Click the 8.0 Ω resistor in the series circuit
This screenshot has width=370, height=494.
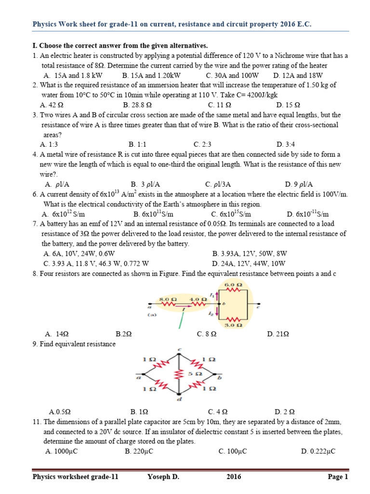pyautogui.click(x=167, y=304)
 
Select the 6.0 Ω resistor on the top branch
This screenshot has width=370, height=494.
pyautogui.click(x=233, y=290)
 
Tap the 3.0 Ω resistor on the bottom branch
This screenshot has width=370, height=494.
pyautogui.click(x=233, y=320)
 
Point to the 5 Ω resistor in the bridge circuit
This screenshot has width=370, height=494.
pyautogui.click(x=180, y=374)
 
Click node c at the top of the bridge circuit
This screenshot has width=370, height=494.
pyautogui.click(x=180, y=350)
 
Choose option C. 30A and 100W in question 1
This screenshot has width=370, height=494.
pyautogui.click(x=232, y=75)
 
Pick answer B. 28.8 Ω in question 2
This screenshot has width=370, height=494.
pyautogui.click(x=137, y=104)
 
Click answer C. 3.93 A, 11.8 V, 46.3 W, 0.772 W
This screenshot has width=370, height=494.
pyautogui.click(x=96, y=263)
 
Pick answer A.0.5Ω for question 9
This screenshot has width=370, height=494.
pyautogui.click(x=60, y=412)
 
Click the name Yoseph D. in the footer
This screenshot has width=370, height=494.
pyautogui.click(x=163, y=477)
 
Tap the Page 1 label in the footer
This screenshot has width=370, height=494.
pyautogui.click(x=338, y=477)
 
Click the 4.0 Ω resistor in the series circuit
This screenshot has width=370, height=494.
pyautogui.click(x=198, y=304)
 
